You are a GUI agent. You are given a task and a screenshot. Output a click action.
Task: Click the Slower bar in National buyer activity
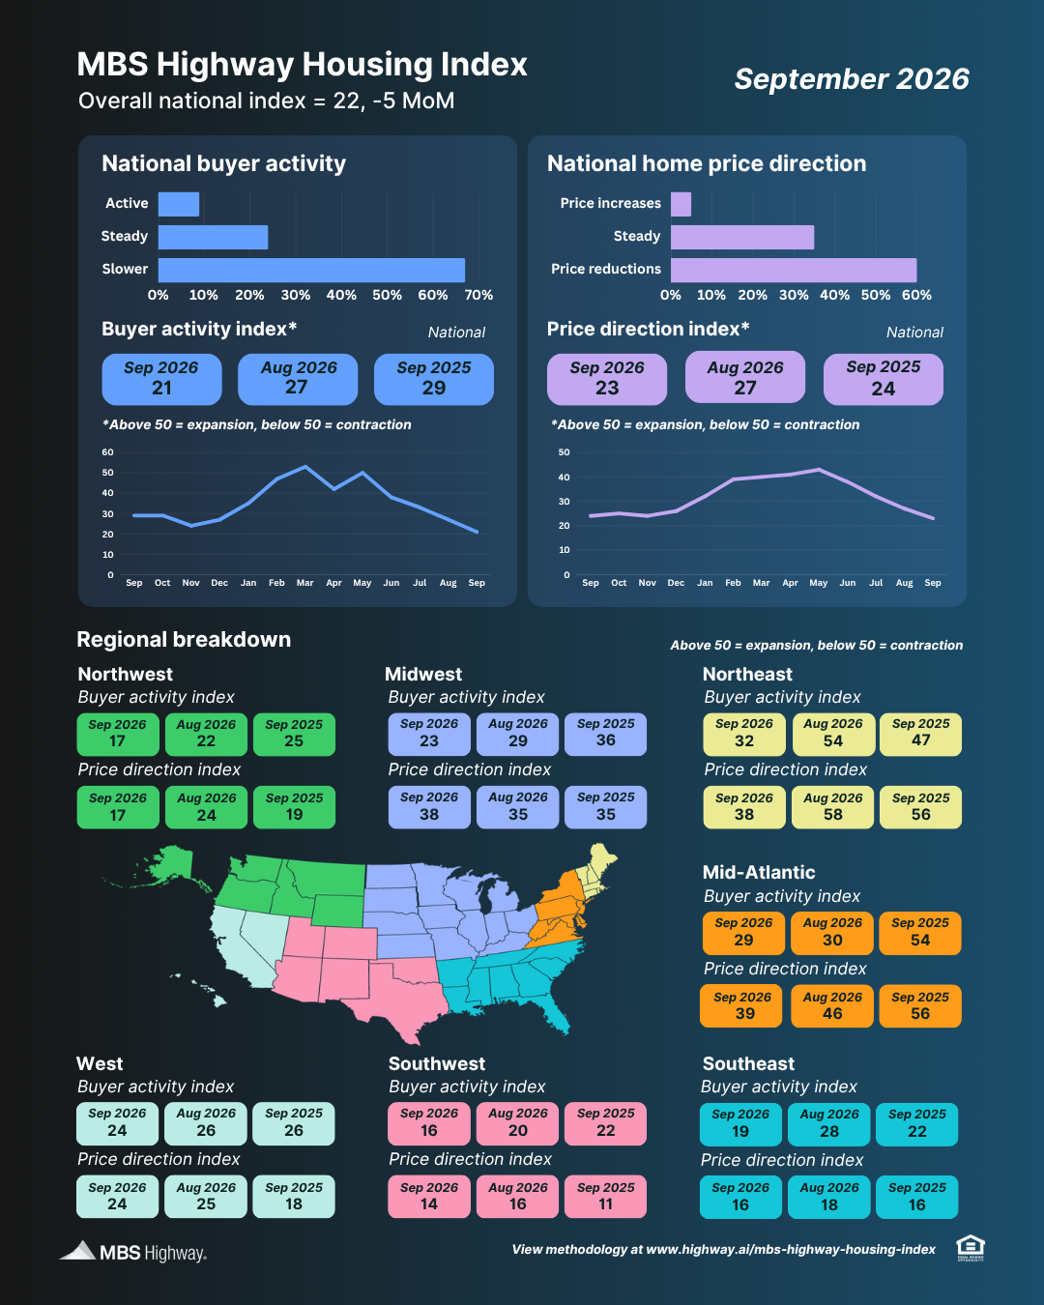click(x=311, y=270)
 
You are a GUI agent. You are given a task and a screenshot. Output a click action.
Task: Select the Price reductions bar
click(x=794, y=270)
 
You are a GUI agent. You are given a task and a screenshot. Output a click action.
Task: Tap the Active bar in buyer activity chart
click(x=178, y=204)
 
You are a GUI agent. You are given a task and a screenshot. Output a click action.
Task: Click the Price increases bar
click(x=681, y=204)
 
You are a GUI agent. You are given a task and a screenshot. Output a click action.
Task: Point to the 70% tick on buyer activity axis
click(x=478, y=296)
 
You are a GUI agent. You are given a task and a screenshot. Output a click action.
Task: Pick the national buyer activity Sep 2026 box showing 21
click(x=161, y=379)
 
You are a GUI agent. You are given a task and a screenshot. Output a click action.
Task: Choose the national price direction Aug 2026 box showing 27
click(x=745, y=377)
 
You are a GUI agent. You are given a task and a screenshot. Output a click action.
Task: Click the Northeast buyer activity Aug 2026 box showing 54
click(x=833, y=734)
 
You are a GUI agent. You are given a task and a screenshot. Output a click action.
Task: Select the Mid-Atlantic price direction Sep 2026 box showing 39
click(x=741, y=1005)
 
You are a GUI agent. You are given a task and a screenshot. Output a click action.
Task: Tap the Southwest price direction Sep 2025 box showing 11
click(x=605, y=1196)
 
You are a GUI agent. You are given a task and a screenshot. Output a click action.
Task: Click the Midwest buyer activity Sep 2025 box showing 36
click(x=605, y=734)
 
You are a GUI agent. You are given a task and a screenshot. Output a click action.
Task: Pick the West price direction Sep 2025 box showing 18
click(x=294, y=1196)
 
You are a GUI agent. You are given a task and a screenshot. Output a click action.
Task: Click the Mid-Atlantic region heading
click(x=758, y=872)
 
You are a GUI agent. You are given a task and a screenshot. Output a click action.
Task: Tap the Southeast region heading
click(x=748, y=1063)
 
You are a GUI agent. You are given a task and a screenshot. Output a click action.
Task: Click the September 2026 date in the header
click(x=852, y=79)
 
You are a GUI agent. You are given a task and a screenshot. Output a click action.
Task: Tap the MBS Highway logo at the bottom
click(x=132, y=1251)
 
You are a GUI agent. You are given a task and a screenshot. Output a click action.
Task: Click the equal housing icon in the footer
click(x=970, y=1248)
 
